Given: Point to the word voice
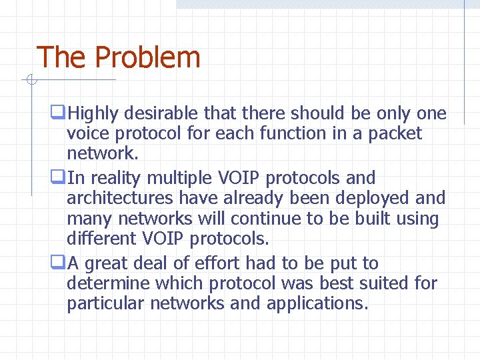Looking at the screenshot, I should [88, 133].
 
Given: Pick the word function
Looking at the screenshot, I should [294, 133].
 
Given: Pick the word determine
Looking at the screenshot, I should [108, 283].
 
